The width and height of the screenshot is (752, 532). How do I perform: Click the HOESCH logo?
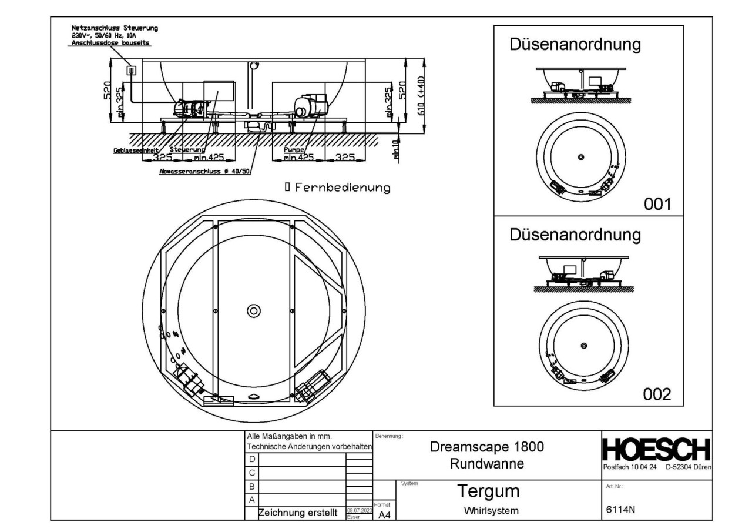(657, 450)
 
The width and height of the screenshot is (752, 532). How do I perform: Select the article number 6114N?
(620, 510)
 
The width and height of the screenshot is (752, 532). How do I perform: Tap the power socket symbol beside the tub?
(132, 71)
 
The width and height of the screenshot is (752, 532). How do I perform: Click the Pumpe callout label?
(292, 150)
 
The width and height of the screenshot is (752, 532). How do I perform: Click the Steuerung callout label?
(183, 150)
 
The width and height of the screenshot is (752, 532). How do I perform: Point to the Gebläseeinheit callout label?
(133, 150)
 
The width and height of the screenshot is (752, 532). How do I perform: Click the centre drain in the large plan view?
(254, 310)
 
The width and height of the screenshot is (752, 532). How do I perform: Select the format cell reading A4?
(384, 515)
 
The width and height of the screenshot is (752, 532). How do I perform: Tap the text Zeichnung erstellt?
(298, 513)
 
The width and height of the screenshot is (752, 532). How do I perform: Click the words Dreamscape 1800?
(486, 447)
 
